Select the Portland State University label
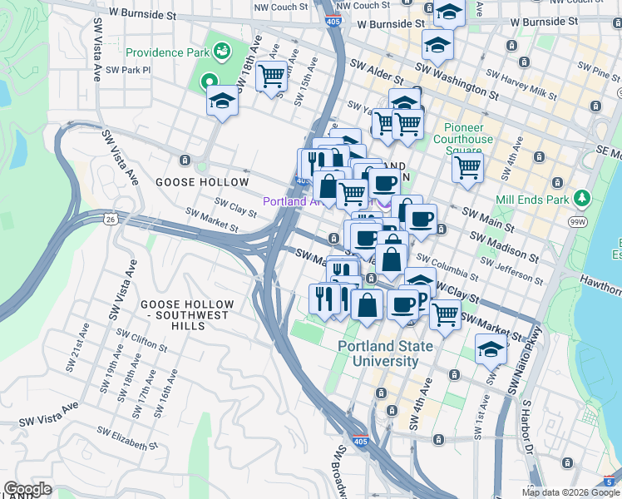(378, 353)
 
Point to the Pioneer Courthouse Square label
(468, 134)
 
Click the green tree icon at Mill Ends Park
(583, 199)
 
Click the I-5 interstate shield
(611, 481)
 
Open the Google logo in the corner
(27, 489)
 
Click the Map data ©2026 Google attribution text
(570, 493)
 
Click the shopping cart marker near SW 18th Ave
(271, 77)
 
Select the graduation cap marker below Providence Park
(222, 101)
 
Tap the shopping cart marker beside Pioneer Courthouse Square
(468, 167)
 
